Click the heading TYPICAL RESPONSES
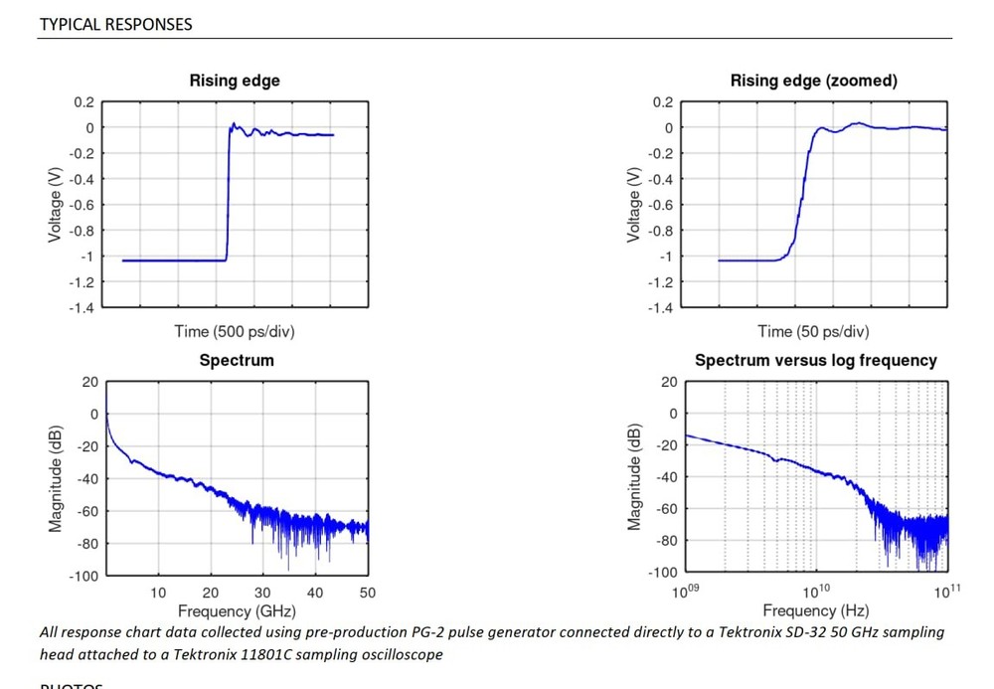115,24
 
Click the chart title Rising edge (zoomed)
813,81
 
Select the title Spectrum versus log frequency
815,360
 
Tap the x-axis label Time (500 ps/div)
235,331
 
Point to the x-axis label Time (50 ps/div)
813,331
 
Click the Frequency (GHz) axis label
236,610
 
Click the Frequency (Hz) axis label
815,610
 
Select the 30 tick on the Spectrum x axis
262,593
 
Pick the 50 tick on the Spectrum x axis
367,593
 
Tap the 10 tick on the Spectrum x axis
158,593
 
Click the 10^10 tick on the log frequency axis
817,592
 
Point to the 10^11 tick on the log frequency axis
947,592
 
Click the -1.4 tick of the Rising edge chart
83,307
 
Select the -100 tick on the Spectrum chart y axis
84,576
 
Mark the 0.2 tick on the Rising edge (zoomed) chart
662,102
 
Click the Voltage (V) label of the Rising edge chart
56,204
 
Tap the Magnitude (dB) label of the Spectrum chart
56,478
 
